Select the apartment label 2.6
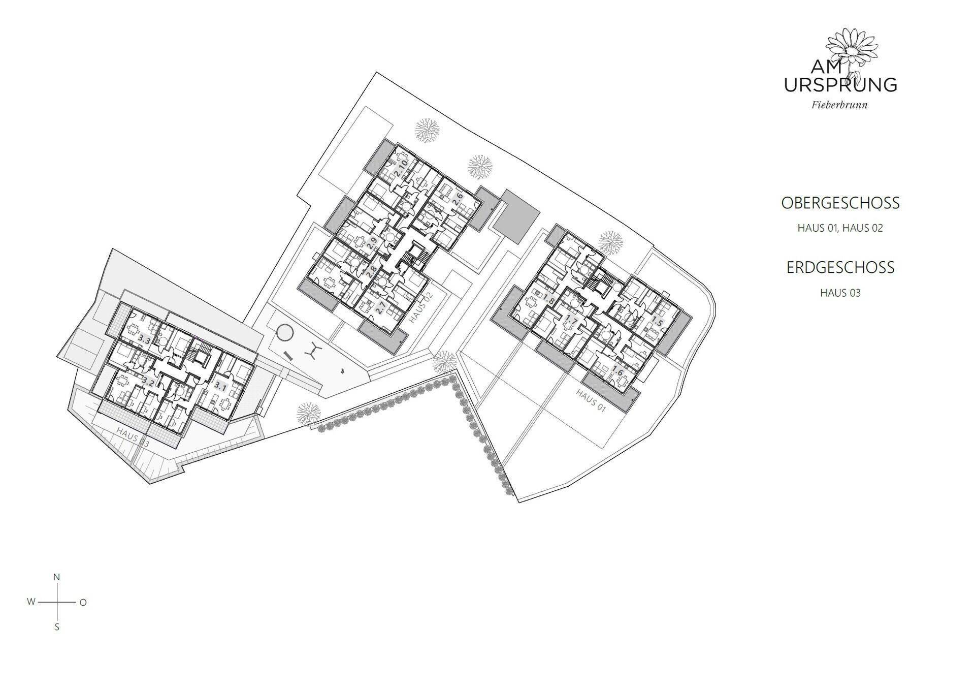point(458,199)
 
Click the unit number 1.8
point(549,298)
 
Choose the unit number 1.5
point(658,322)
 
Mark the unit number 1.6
point(618,371)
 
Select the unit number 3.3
point(144,340)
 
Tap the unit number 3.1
point(220,386)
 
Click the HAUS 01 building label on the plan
point(591,401)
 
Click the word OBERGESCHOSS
point(840,203)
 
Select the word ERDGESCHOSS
point(840,267)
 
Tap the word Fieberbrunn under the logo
point(840,106)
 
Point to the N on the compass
point(57,577)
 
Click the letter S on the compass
point(57,628)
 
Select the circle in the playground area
point(285,334)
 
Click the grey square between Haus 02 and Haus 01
point(516,215)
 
